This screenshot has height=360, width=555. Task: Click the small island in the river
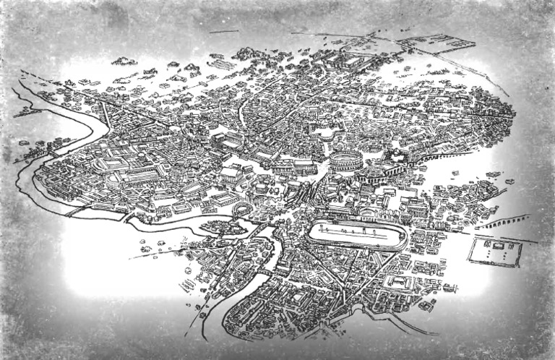216,228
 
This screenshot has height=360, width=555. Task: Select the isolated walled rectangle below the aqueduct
495,252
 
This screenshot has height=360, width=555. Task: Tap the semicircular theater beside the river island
241,211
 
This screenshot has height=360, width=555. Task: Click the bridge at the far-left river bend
54,153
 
